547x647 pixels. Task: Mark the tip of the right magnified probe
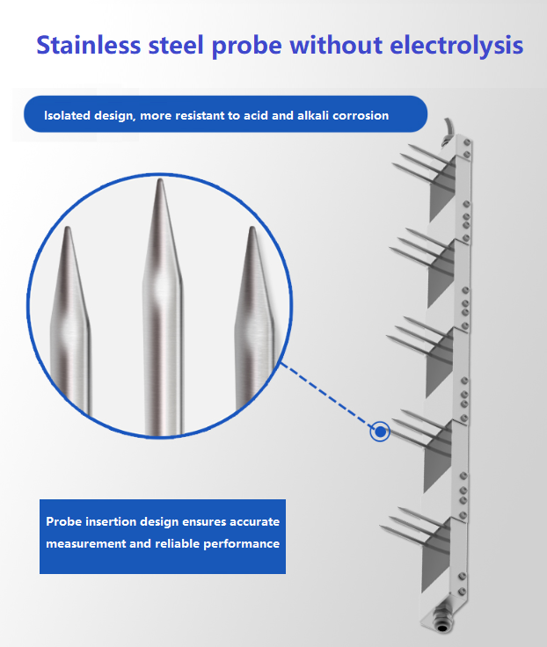(x=252, y=230)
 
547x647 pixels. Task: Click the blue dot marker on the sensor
(x=380, y=432)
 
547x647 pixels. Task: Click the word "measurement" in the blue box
(x=84, y=544)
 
